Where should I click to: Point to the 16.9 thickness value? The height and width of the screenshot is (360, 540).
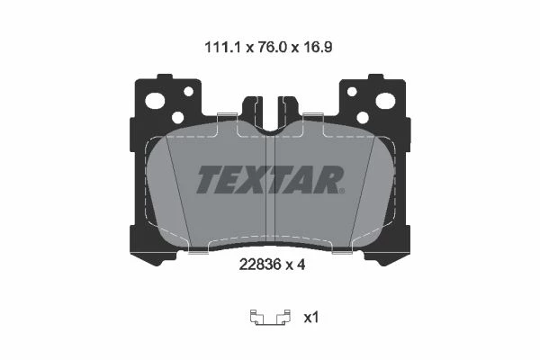pyautogui.click(x=318, y=47)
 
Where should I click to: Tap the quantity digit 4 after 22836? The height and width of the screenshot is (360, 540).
pyautogui.click(x=301, y=265)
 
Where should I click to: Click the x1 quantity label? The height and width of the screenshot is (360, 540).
pyautogui.click(x=311, y=318)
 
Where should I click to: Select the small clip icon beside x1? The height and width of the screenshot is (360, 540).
pyautogui.click(x=270, y=318)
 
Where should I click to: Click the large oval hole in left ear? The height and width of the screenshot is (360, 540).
pyautogui.click(x=155, y=100)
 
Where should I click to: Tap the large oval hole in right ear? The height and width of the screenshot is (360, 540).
pyautogui.click(x=385, y=100)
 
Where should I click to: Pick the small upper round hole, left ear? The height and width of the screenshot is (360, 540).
pyautogui.click(x=189, y=91)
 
